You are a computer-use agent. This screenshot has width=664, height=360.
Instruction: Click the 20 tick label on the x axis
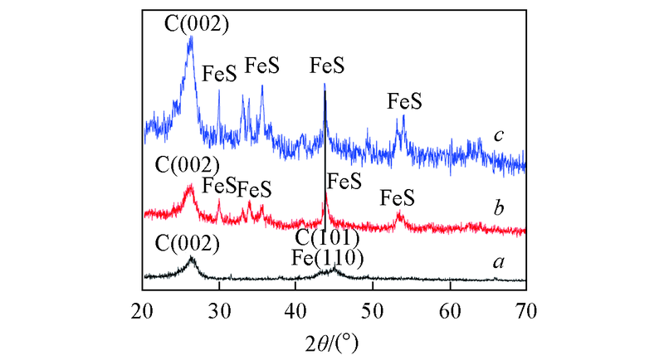coord(143,311)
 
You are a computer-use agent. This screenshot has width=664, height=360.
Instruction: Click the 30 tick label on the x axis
coord(219,311)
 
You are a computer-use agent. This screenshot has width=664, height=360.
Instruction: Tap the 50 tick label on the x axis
coord(373,311)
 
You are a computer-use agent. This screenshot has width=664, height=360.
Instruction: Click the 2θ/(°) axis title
coord(334,341)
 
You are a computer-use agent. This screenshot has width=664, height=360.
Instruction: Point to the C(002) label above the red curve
coord(187,163)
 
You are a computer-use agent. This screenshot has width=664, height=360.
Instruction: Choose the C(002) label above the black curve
coord(187,244)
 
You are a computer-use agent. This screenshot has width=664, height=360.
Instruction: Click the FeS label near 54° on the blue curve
coord(405,101)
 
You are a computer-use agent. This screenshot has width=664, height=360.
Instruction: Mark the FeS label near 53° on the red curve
coord(397,198)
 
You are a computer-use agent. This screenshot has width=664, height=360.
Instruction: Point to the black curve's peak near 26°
coord(192,259)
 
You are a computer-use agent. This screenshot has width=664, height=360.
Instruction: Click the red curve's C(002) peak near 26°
coord(191,187)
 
